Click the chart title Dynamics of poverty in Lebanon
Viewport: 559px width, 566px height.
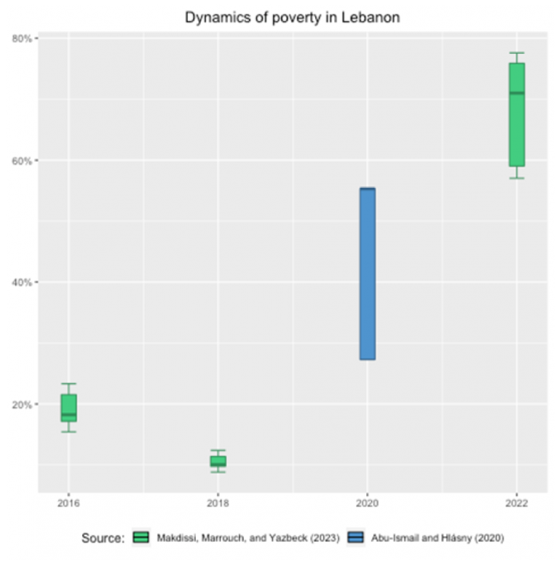click(x=292, y=17)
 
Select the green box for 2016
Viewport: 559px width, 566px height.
click(x=68, y=407)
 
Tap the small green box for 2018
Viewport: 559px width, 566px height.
click(x=218, y=461)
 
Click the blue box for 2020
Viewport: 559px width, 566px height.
click(x=368, y=274)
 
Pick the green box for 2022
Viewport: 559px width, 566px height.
click(x=517, y=115)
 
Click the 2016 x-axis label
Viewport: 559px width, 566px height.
click(x=68, y=503)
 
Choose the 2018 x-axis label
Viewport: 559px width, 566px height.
click(x=218, y=503)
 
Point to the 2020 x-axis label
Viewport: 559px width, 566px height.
click(x=368, y=503)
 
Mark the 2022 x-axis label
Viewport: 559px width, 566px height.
click(x=517, y=503)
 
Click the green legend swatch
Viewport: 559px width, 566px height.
click(x=141, y=538)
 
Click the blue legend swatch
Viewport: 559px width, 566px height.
click(x=357, y=538)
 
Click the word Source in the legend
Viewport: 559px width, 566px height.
click(x=103, y=538)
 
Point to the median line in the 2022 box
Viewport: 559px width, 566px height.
click(x=517, y=93)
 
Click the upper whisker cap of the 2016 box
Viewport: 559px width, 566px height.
click(x=68, y=383)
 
